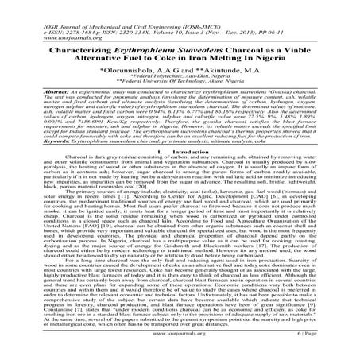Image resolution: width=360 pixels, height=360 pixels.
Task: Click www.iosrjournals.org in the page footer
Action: click(x=181, y=347)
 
